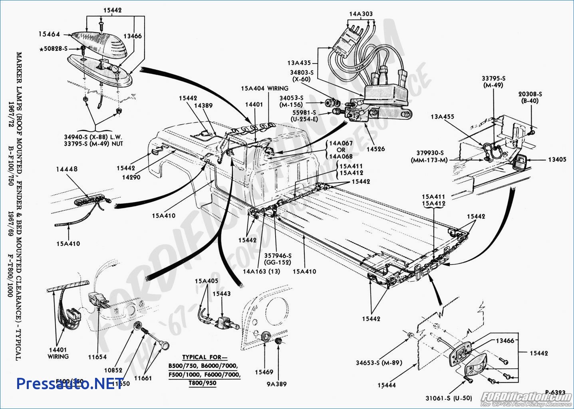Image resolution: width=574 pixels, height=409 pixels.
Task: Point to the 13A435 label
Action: pyautogui.click(x=299, y=63)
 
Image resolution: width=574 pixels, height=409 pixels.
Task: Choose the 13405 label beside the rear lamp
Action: pyautogui.click(x=557, y=159)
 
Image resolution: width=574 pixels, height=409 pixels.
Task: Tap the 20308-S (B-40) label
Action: pyautogui.click(x=530, y=97)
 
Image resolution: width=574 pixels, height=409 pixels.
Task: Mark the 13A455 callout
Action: pyautogui.click(x=442, y=117)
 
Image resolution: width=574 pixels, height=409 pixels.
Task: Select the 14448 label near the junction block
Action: pyautogui.click(x=67, y=169)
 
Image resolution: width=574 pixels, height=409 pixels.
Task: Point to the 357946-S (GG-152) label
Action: pyautogui.click(x=278, y=259)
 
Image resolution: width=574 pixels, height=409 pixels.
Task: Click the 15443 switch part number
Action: pyautogui.click(x=221, y=294)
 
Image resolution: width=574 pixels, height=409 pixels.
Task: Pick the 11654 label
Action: pyautogui.click(x=97, y=357)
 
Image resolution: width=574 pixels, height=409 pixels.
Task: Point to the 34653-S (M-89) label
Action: pyautogui.click(x=379, y=363)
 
